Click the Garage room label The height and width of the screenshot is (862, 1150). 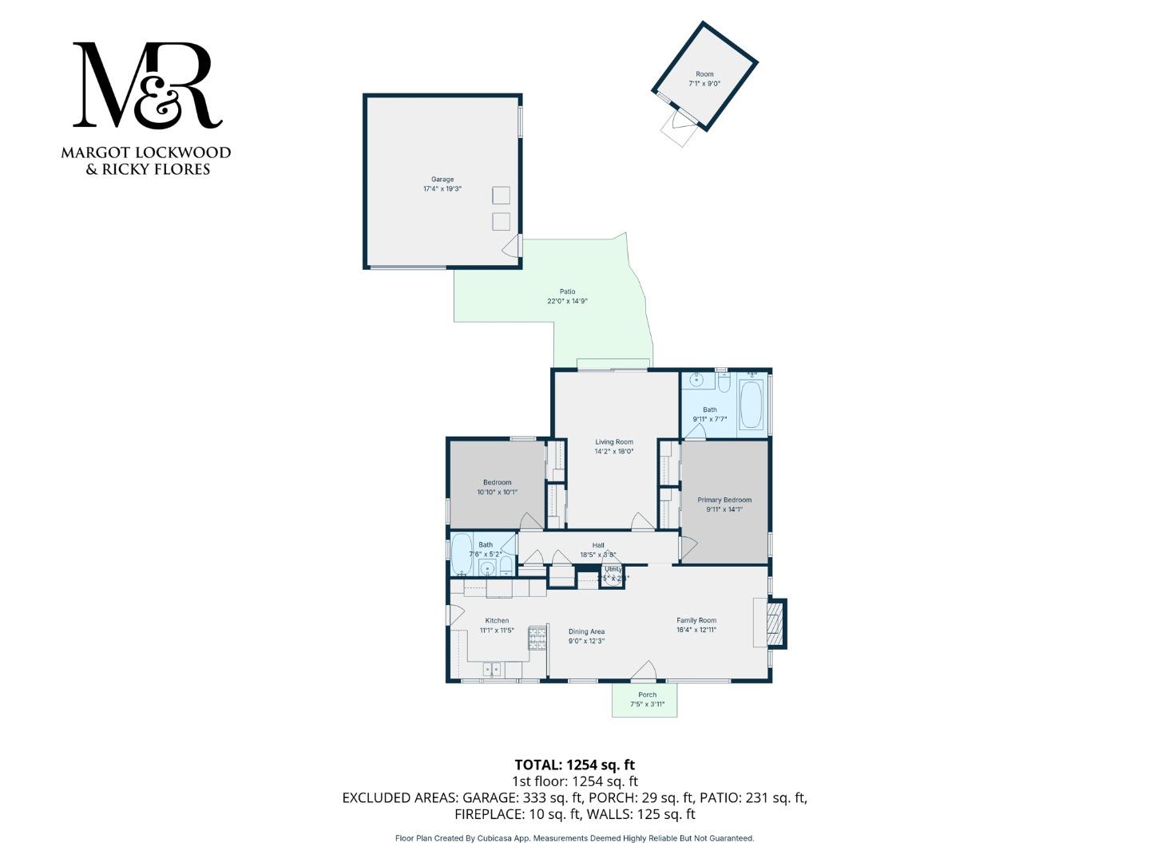(442, 180)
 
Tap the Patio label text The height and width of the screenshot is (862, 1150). (567, 292)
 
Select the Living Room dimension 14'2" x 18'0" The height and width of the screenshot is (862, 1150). (613, 452)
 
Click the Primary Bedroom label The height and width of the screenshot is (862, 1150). (724, 500)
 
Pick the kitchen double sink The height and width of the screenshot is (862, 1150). (491, 669)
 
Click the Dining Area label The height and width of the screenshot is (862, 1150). (586, 631)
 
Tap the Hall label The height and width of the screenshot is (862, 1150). (598, 545)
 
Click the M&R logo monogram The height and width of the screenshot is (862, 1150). (147, 85)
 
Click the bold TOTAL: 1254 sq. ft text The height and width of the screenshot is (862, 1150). (574, 765)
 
